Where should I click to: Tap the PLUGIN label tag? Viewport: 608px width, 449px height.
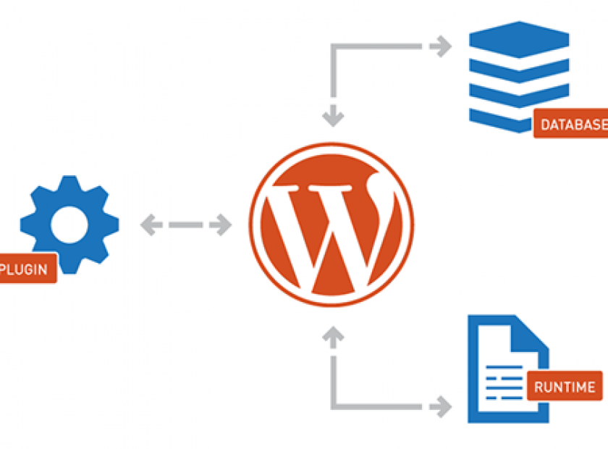tap(27, 269)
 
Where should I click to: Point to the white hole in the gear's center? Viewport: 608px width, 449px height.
tap(69, 224)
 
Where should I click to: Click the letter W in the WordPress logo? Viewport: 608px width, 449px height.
tap(332, 224)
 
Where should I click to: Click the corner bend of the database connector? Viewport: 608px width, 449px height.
tap(333, 46)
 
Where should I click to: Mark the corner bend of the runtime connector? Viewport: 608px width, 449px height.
tap(333, 403)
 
